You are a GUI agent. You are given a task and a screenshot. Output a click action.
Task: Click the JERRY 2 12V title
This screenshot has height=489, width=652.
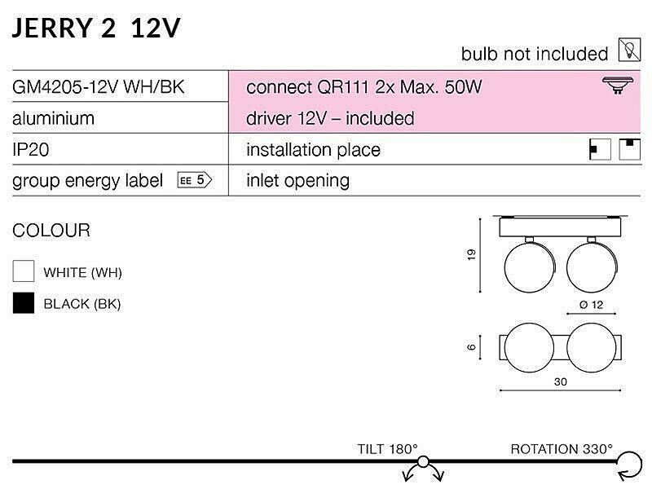[x=96, y=29]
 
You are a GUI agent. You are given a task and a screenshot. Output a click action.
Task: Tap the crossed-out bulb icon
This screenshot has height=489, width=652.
[x=629, y=50]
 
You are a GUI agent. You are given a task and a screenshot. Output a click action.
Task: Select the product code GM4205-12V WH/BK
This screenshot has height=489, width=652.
[x=99, y=87]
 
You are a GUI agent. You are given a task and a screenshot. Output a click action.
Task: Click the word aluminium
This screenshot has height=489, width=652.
[x=54, y=118]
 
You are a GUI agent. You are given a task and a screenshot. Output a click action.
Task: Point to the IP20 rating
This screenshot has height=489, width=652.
[x=31, y=150]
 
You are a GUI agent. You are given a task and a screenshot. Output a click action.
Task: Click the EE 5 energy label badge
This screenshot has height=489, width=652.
[x=195, y=180]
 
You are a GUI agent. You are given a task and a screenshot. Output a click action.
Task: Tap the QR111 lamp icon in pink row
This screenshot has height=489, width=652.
[x=618, y=86]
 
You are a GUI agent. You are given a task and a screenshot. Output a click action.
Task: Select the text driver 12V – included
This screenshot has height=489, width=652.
[x=330, y=118]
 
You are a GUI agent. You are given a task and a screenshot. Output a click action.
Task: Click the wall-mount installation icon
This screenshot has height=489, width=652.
[x=600, y=150]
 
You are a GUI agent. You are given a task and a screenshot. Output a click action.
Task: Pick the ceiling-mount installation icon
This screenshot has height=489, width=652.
[x=629, y=149]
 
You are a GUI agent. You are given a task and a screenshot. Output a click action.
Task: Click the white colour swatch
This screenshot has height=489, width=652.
[x=24, y=271]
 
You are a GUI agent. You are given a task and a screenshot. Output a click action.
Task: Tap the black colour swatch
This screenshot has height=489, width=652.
[x=24, y=302]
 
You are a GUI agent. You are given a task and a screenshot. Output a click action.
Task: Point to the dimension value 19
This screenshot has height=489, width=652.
[x=471, y=254]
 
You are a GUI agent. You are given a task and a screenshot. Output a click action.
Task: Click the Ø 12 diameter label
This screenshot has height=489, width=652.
[x=591, y=305]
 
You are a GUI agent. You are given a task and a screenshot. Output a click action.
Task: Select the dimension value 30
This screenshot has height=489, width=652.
[x=560, y=381]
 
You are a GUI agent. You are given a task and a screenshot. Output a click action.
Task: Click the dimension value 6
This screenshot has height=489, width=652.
[x=471, y=347]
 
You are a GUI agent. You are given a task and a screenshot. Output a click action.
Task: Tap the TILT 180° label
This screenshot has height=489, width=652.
[x=388, y=449]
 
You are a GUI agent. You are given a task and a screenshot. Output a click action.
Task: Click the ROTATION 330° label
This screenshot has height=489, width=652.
[x=562, y=449]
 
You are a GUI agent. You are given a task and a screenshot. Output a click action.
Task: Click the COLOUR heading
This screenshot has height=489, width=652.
[x=51, y=231]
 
